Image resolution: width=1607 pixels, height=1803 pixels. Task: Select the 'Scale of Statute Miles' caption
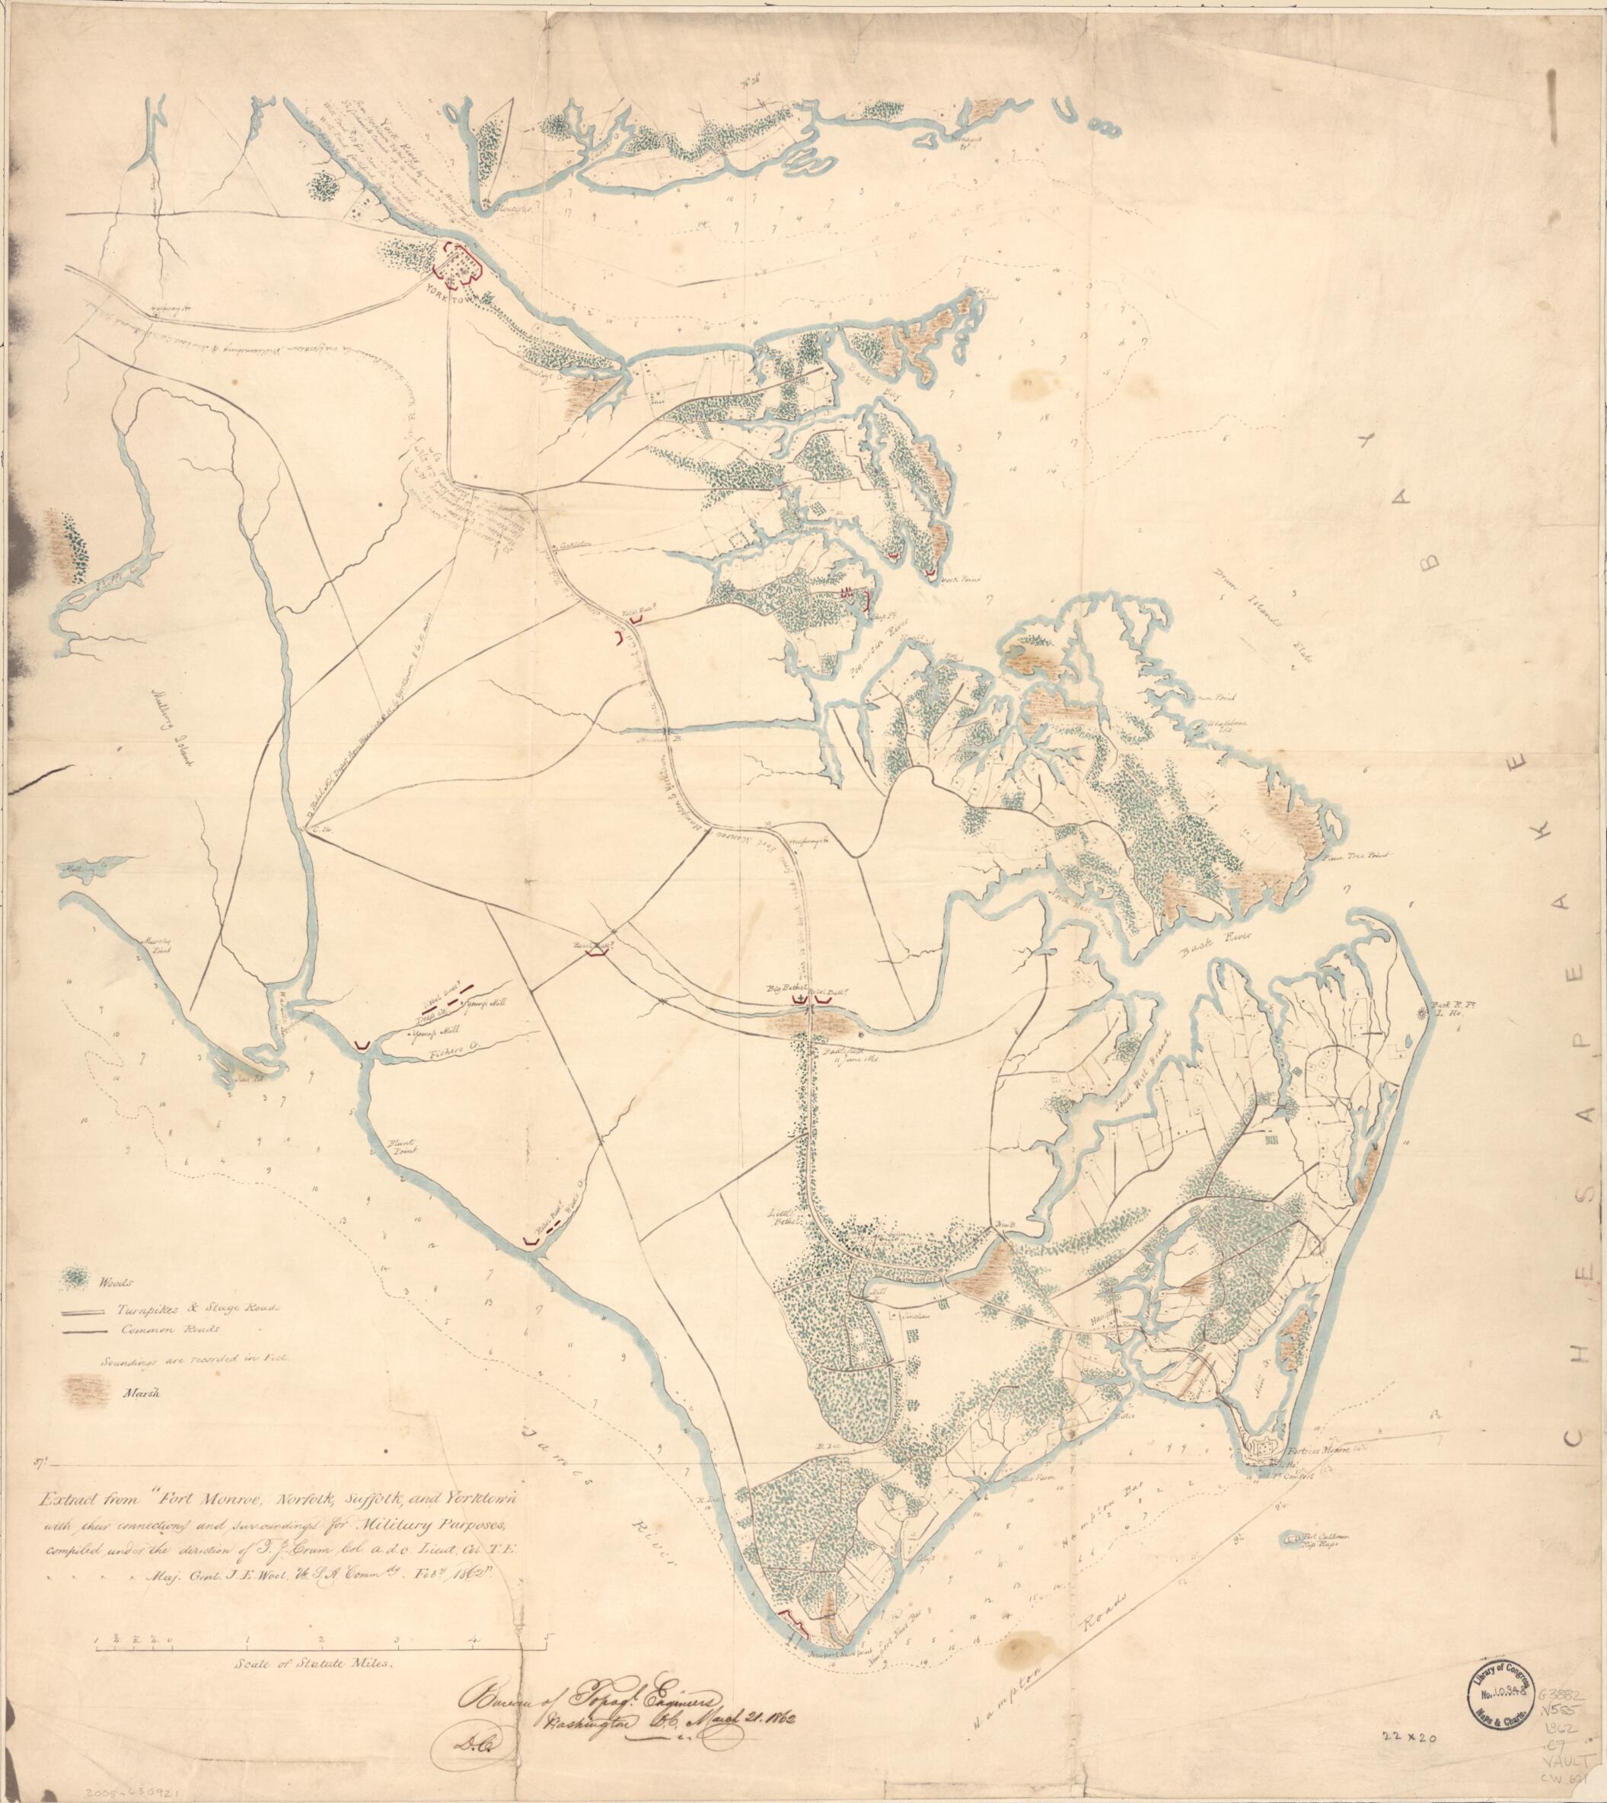coord(311,1659)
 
